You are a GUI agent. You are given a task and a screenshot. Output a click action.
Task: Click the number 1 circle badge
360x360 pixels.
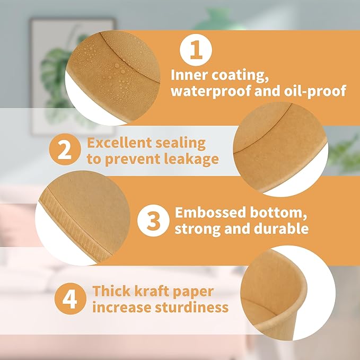[196, 50]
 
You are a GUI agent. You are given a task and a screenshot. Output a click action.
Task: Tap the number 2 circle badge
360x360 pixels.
[65, 150]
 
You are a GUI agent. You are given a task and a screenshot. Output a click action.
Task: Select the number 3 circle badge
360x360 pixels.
[153, 221]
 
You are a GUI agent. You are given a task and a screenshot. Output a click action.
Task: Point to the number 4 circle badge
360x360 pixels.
[71, 298]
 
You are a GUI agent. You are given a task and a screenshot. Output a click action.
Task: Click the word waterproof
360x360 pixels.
[211, 91]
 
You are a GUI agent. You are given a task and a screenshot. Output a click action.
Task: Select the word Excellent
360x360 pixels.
[119, 143]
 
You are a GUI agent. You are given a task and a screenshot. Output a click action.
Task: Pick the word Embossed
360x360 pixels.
[210, 213]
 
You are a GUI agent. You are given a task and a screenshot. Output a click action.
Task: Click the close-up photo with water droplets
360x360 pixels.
[112, 78]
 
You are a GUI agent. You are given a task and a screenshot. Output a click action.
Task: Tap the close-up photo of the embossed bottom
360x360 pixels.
[83, 218]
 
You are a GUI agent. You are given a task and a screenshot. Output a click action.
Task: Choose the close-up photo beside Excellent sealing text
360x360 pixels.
[280, 149]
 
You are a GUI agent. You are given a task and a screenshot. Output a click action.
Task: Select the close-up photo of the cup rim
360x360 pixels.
[288, 293]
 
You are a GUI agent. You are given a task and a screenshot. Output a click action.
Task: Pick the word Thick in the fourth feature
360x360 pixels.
[111, 291]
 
